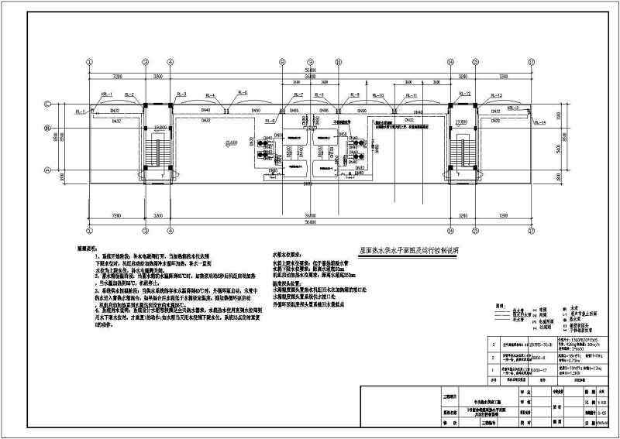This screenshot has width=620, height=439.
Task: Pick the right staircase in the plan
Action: pos(464,153)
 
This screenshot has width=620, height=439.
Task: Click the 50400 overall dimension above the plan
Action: pos(309,70)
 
